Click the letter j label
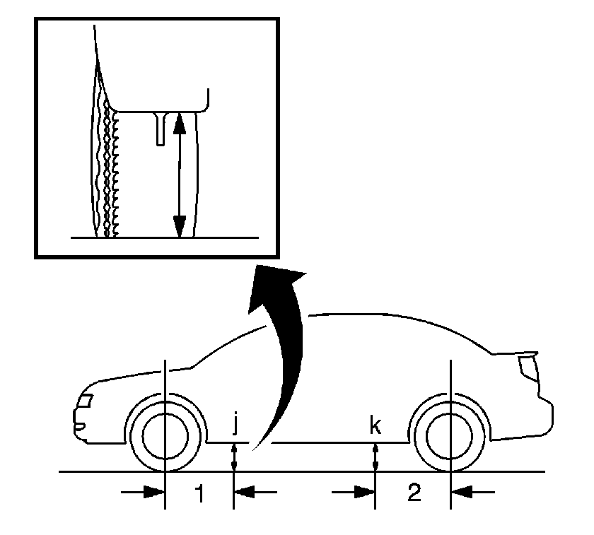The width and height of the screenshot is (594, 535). (x=235, y=425)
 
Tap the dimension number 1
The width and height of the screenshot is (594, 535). (x=199, y=493)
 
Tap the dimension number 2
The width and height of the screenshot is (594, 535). (x=414, y=493)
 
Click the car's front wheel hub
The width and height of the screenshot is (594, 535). (x=165, y=436)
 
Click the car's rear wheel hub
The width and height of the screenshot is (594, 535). (x=450, y=436)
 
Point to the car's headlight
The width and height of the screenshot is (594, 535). (x=85, y=400)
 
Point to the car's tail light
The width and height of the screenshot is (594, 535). (x=528, y=368)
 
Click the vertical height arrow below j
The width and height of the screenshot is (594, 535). (x=234, y=457)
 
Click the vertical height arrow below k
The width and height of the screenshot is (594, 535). (x=375, y=457)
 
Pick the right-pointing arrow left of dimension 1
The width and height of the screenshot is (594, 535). (x=142, y=492)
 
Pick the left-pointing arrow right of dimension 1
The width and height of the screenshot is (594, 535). (x=256, y=492)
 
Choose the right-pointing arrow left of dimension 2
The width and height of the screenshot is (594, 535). (x=353, y=492)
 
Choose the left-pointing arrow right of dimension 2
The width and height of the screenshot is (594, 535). (x=473, y=492)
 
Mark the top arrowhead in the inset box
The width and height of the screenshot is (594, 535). (x=179, y=124)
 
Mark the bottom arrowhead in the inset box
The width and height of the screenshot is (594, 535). (x=179, y=226)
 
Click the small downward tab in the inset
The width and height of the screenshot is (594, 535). (x=161, y=129)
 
